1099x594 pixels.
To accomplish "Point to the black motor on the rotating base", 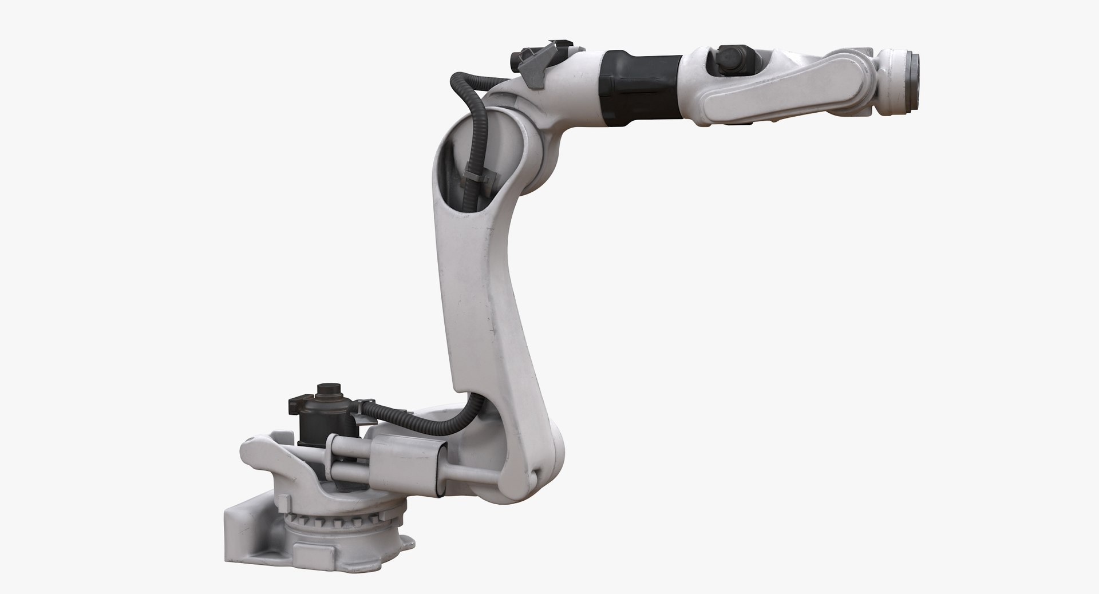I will (313, 423).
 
